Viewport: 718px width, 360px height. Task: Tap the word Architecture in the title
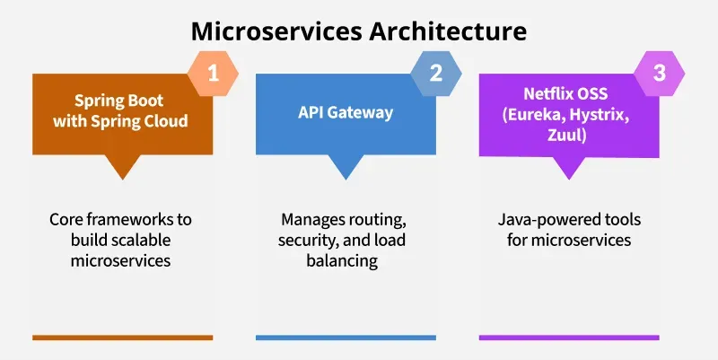coord(448,31)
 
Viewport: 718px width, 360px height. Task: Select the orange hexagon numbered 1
coord(213,74)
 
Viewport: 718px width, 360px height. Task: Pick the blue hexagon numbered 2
coord(436,74)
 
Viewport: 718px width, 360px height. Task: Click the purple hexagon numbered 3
coord(660,74)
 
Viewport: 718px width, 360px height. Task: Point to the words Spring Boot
coord(119,101)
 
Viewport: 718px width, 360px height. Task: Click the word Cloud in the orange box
coord(168,121)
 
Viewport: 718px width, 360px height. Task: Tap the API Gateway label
coord(346,113)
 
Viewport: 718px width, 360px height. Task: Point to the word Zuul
coord(567,136)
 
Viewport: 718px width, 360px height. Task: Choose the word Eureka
coord(532,115)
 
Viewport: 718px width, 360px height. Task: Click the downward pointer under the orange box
coord(122,166)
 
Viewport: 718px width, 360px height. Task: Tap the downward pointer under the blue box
coord(346,166)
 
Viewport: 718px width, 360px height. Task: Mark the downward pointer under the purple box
coord(569,167)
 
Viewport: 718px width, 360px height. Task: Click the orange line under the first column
coord(123,338)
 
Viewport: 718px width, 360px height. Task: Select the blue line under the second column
coord(346,338)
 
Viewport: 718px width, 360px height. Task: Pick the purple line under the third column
coord(569,338)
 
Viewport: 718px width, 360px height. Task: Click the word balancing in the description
coord(342,260)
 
